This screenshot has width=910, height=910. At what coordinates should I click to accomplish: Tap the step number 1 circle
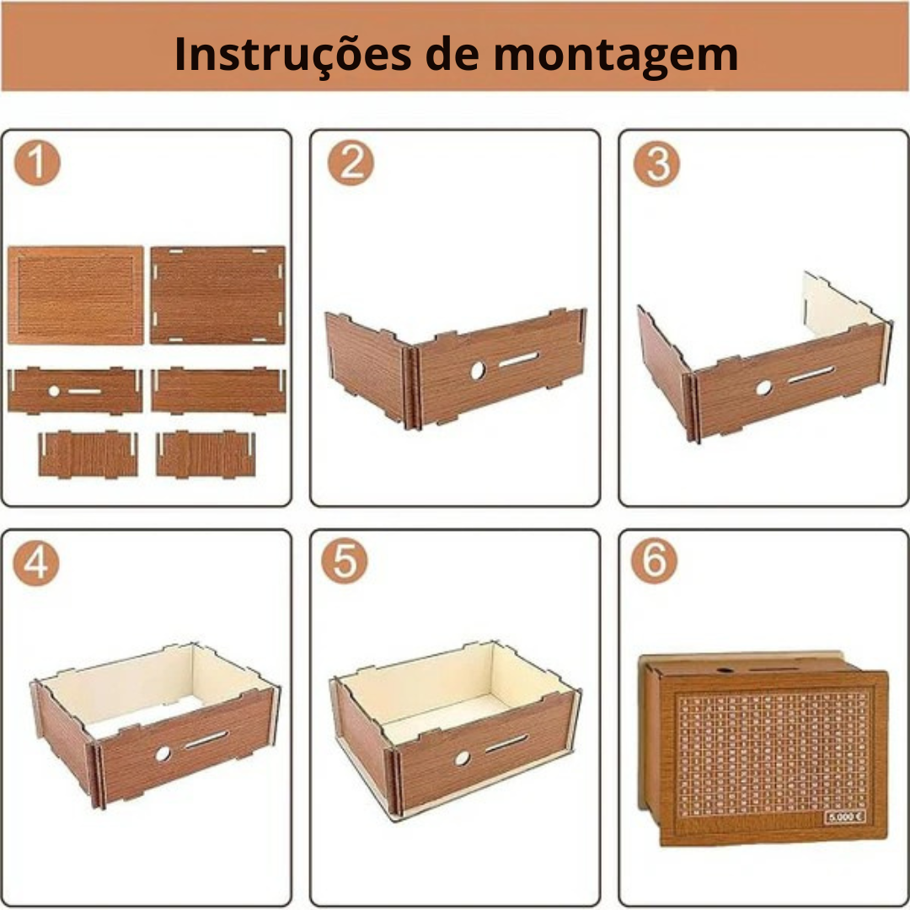pyautogui.click(x=37, y=163)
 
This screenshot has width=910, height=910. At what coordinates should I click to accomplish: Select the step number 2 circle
pyautogui.click(x=350, y=163)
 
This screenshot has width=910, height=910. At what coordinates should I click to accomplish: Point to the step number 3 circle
pyautogui.click(x=656, y=163)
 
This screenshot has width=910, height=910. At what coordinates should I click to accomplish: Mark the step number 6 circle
pyautogui.click(x=655, y=562)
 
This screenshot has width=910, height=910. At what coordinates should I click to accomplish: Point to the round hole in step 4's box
pyautogui.click(x=163, y=753)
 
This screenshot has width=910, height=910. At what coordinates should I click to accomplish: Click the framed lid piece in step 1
pyautogui.click(x=76, y=295)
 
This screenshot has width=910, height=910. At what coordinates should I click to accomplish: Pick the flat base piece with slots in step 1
pyautogui.click(x=218, y=295)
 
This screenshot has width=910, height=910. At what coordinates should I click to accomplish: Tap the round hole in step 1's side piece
pyautogui.click(x=54, y=391)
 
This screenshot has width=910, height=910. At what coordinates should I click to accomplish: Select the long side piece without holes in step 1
pyautogui.click(x=219, y=391)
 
